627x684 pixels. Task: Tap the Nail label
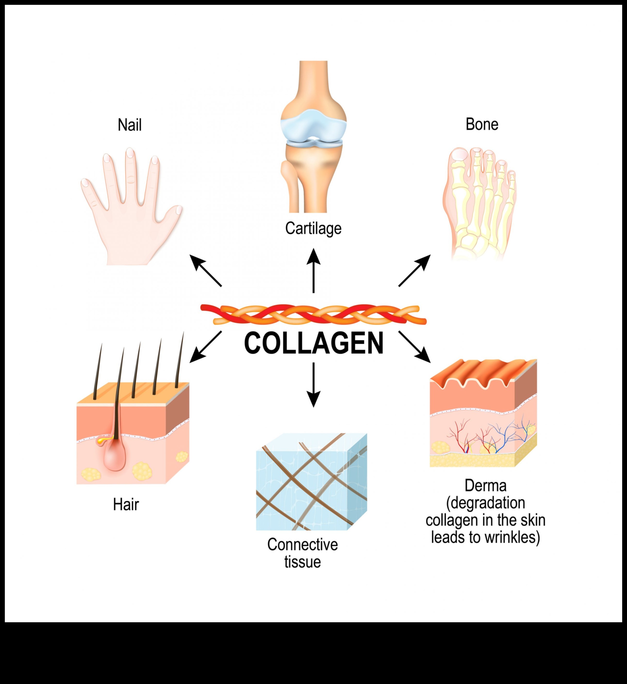point(129,125)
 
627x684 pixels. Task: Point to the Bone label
point(482,124)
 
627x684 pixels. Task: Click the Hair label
point(126,505)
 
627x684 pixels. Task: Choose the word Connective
point(302,545)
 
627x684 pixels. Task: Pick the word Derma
point(485,486)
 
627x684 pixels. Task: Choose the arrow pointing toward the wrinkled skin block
point(414,347)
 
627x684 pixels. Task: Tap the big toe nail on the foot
point(460,155)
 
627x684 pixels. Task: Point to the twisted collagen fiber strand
point(313,314)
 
